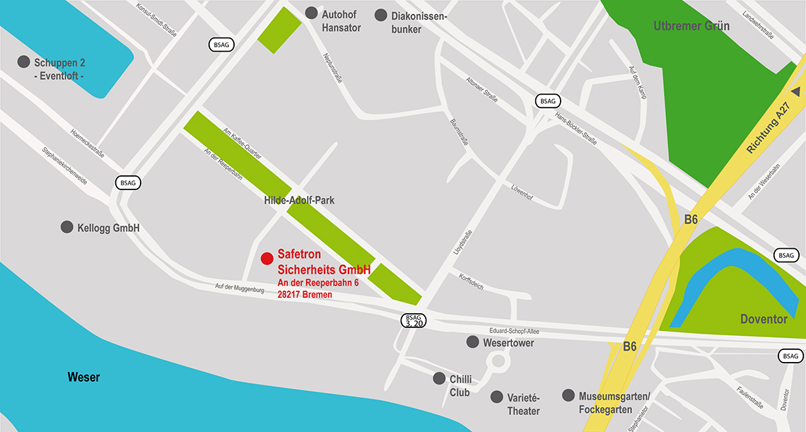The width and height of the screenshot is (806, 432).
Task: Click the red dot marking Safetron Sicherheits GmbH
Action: pyautogui.click(x=267, y=259)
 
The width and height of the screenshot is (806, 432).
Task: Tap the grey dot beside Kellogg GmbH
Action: pyautogui.click(x=66, y=228)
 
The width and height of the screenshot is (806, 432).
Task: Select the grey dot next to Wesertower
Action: pyautogui.click(x=472, y=342)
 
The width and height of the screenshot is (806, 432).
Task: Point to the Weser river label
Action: pyautogui.click(x=83, y=377)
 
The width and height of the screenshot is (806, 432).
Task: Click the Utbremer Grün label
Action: pyautogui.click(x=691, y=26)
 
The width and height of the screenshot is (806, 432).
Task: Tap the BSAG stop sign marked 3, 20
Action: pyautogui.click(x=414, y=320)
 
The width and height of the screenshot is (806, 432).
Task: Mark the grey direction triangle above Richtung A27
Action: pyautogui.click(x=795, y=91)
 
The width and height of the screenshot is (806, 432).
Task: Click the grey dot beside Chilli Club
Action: pyautogui.click(x=439, y=379)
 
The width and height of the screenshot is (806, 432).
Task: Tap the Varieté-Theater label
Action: pyautogui.click(x=524, y=404)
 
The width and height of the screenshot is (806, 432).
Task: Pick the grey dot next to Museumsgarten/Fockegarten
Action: pyautogui.click(x=568, y=395)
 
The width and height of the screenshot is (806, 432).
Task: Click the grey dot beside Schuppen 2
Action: pyautogui.click(x=23, y=62)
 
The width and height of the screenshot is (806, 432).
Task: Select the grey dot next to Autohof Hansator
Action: pyautogui.click(x=311, y=13)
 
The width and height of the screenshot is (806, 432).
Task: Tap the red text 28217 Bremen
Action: pyautogui.click(x=305, y=294)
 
